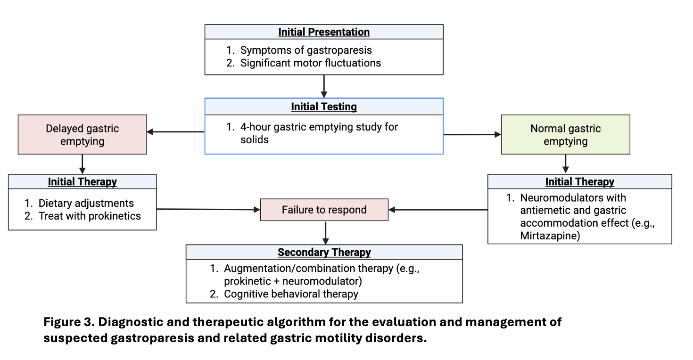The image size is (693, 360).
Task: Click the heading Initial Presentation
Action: coord(323,32)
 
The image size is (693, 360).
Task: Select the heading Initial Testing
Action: coord(323,106)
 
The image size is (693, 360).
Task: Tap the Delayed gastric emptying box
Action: coord(82,135)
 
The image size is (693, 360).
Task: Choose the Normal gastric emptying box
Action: coord(565,135)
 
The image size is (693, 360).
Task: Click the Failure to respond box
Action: coord(324,210)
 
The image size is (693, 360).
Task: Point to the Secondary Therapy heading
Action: coord(324,253)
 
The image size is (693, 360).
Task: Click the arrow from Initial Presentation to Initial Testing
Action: coord(324,86)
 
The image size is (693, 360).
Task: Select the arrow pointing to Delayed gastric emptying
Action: coord(175,132)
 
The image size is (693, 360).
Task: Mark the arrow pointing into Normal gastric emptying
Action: coord(472,135)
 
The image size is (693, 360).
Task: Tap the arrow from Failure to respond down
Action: coord(325,233)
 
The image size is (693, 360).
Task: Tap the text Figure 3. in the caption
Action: coord(69,322)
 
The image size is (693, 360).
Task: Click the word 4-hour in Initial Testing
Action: coord(256,127)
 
